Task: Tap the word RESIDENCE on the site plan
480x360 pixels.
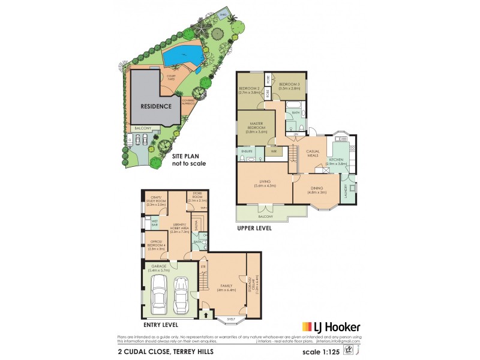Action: tap(156, 106)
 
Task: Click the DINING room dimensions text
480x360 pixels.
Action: tap(318, 193)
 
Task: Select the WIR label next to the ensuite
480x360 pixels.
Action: tap(274, 152)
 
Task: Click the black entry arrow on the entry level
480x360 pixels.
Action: tap(208, 313)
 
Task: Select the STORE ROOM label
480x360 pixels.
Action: tap(196, 195)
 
